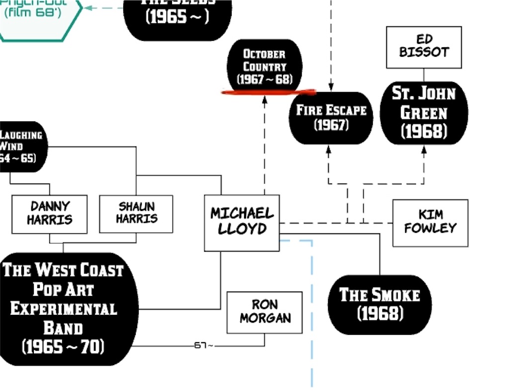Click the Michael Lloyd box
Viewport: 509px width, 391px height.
pyautogui.click(x=242, y=222)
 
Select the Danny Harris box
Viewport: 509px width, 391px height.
pyautogui.click(x=49, y=214)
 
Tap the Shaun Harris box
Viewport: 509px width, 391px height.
pyautogui.click(x=136, y=213)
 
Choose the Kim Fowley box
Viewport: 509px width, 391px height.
pyautogui.click(x=430, y=223)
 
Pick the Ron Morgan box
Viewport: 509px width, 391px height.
pyautogui.click(x=264, y=312)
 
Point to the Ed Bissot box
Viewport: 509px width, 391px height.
pyautogui.click(x=424, y=47)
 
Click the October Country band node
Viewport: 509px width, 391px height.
pyautogui.click(x=264, y=66)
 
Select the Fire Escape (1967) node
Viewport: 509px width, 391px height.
pyautogui.click(x=331, y=117)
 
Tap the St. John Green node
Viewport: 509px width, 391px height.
pyautogui.click(x=424, y=112)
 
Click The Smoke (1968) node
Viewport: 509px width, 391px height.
pyautogui.click(x=379, y=304)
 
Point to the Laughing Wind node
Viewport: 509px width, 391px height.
pyautogui.click(x=22, y=146)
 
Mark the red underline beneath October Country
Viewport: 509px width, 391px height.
pyautogui.click(x=268, y=92)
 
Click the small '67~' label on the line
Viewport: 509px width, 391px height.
pyautogui.click(x=203, y=345)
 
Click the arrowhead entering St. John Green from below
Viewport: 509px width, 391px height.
pyautogui.click(x=424, y=149)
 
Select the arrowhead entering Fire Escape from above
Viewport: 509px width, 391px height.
pyautogui.click(x=331, y=88)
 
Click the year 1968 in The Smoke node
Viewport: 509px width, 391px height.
pyautogui.click(x=380, y=314)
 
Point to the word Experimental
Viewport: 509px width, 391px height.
pyautogui.click(x=64, y=309)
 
